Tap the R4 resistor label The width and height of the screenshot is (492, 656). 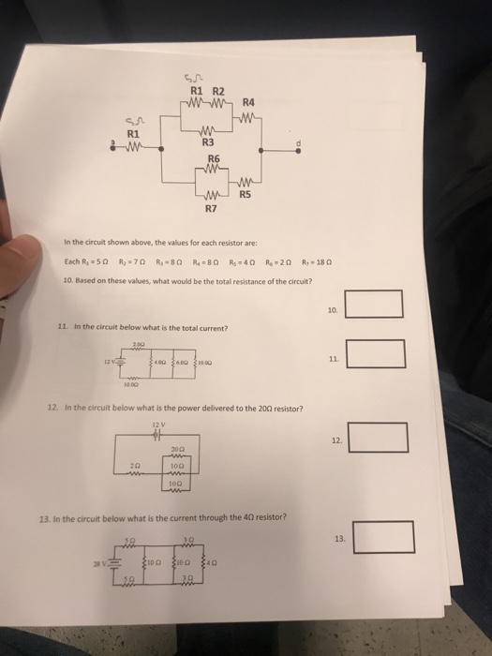click(x=249, y=102)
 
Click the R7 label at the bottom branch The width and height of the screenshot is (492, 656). click(x=211, y=210)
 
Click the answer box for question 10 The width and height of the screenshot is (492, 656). click(x=374, y=305)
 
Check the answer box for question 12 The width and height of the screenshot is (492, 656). click(x=379, y=437)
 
